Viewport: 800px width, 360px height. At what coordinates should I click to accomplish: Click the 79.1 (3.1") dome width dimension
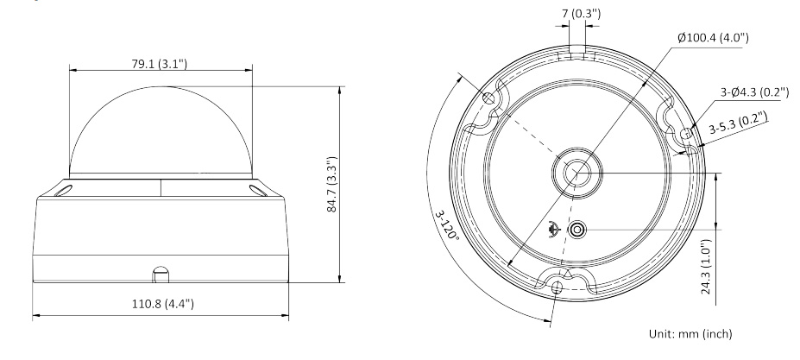coord(160,64)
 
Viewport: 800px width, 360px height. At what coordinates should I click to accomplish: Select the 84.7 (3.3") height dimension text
coord(332,185)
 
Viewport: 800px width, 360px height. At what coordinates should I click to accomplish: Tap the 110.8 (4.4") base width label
coord(163,304)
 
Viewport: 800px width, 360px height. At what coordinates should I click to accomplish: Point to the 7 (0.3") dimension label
coord(581,14)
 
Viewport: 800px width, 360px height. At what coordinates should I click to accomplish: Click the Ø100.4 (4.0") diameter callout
coord(713,38)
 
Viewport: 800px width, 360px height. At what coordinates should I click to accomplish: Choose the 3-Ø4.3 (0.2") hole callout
coord(754,92)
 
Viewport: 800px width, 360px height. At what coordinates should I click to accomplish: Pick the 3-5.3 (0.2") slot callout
coord(738,123)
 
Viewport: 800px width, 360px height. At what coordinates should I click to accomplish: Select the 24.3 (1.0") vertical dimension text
coord(706,267)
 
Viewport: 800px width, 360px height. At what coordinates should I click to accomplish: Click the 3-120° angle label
coord(447,224)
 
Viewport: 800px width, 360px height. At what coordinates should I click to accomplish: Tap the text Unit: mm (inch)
coord(690,334)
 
